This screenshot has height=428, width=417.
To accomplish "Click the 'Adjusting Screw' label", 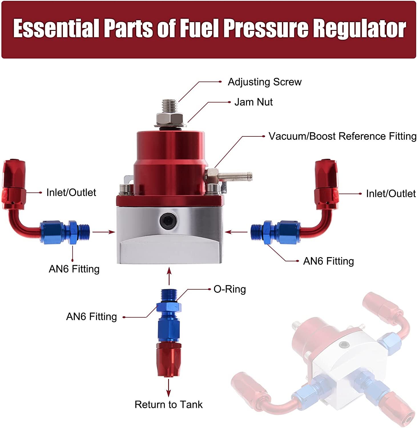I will point(264,82).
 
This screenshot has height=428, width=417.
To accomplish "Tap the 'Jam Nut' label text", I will point(253,102).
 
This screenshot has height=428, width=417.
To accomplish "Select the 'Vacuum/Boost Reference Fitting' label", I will point(342,136).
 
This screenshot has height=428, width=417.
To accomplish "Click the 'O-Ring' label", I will point(229,289).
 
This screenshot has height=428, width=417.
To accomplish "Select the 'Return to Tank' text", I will point(168,405).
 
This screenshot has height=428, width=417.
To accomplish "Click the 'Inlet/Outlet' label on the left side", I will point(71,193).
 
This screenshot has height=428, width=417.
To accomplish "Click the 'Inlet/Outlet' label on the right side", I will point(390,194).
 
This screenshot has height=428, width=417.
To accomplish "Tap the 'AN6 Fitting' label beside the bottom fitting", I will point(91,317).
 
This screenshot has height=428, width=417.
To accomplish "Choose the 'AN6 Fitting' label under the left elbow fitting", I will point(74,269).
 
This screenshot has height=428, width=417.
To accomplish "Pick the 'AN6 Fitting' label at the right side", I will point(328,261).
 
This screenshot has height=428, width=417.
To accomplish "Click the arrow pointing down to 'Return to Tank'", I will point(169,388).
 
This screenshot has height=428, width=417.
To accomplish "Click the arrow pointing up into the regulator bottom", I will point(169,276).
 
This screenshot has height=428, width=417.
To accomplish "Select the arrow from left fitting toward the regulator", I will point(104,232).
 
